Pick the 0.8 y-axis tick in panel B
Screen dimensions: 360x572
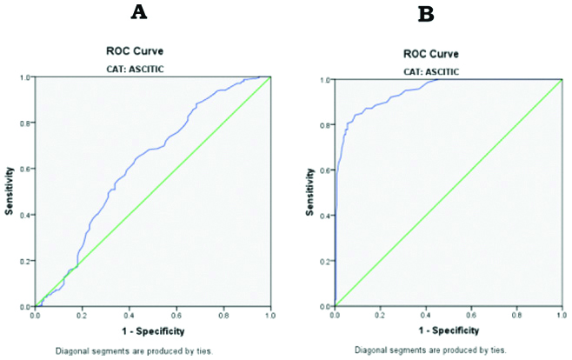(x=328, y=125)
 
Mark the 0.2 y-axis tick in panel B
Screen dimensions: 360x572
(x=328, y=261)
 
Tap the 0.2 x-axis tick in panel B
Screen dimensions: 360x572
(x=381, y=317)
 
